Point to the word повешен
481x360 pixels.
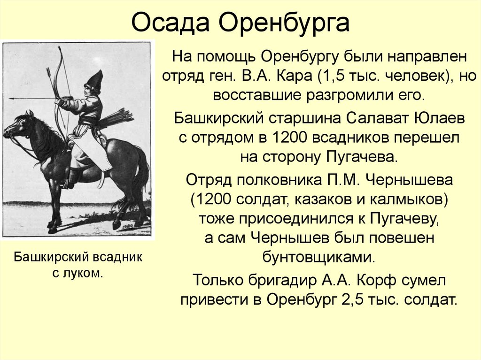401,238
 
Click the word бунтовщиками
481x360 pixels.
319,258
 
